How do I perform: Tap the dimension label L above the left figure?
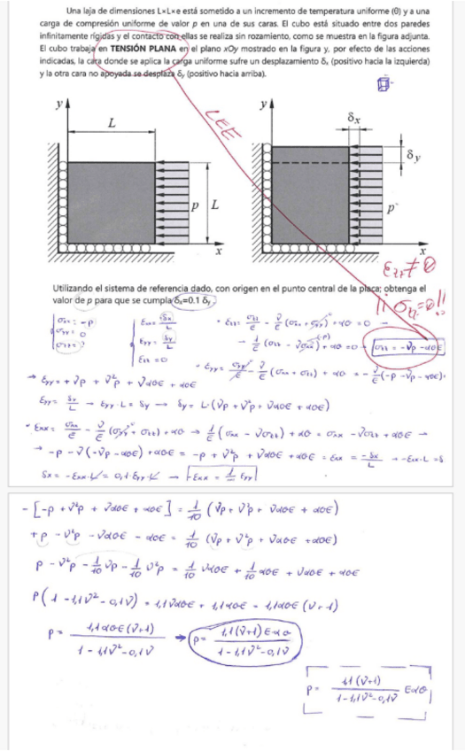click(x=112, y=124)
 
